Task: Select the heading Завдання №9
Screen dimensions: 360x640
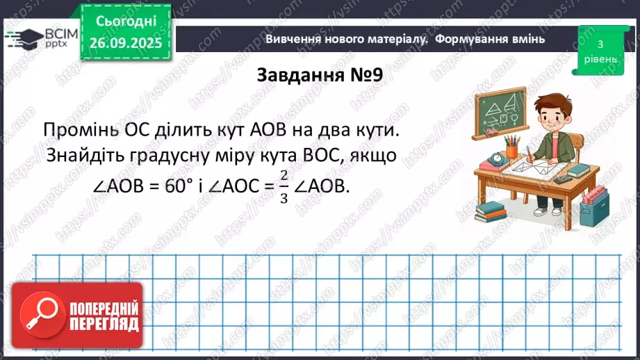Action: [x=320, y=74]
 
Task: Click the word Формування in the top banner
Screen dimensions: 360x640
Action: [x=473, y=39]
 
